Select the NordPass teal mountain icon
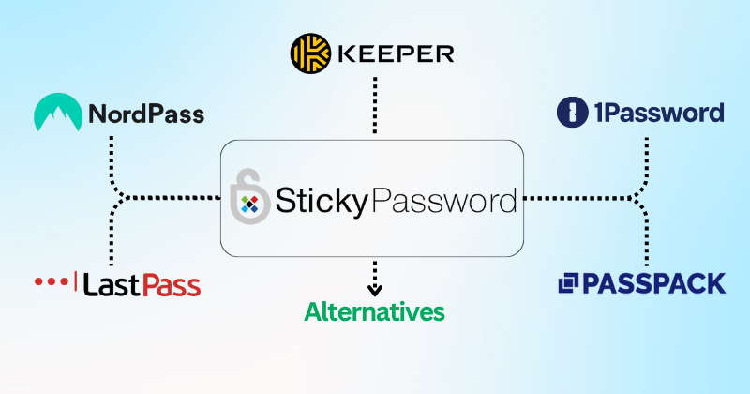coord(56,114)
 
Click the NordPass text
coord(146,115)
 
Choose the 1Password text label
coord(663,114)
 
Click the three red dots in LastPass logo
coord(52,280)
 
